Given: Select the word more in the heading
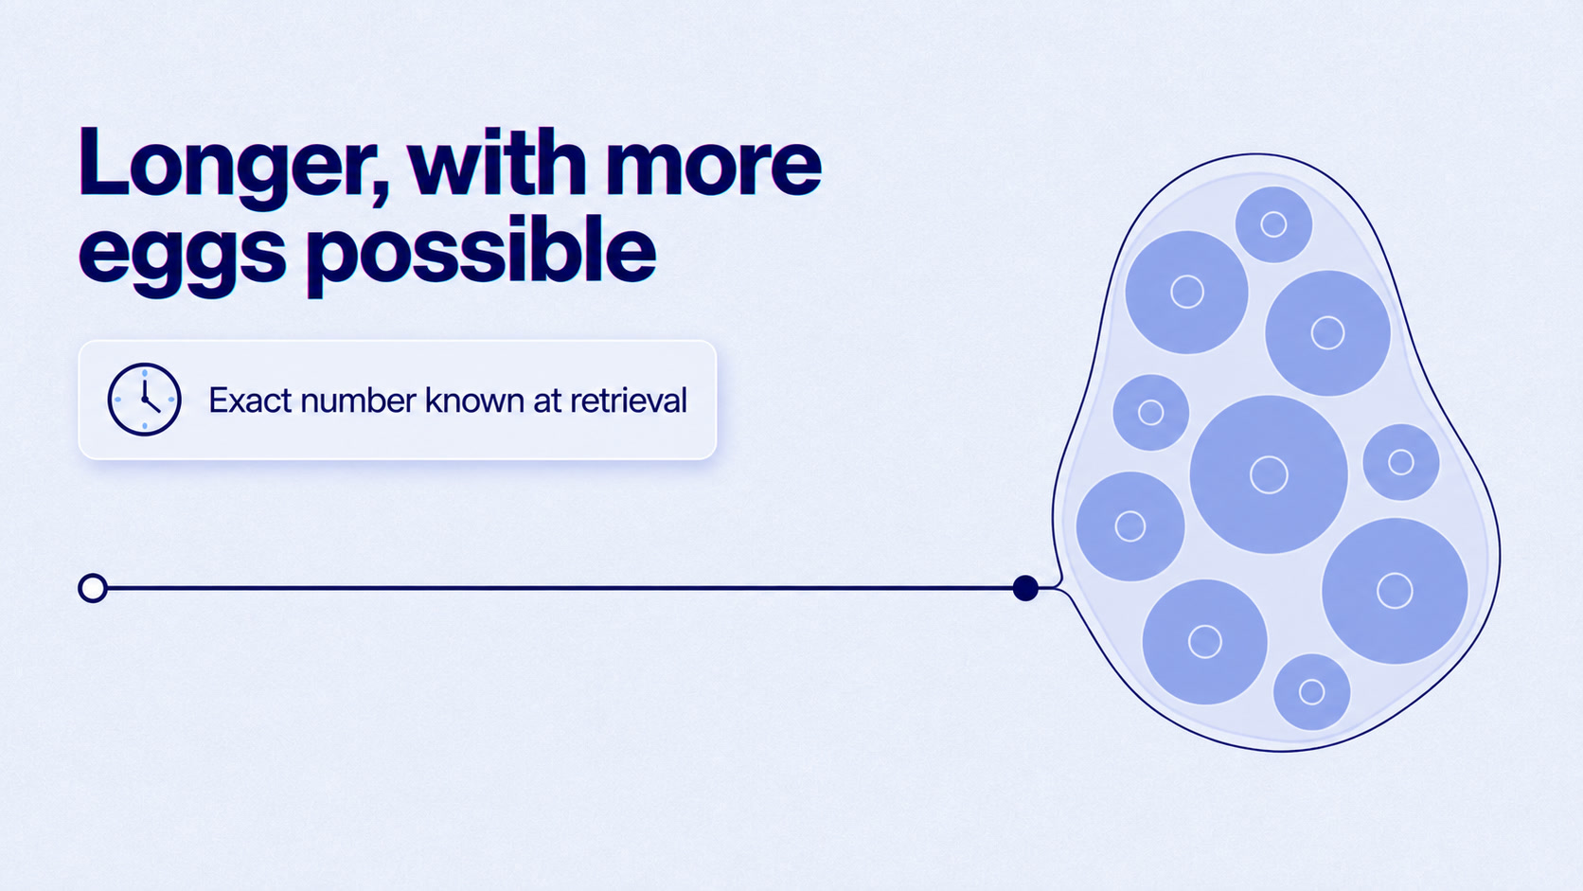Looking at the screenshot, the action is pos(714,169).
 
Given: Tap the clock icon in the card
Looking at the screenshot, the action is pos(144,400).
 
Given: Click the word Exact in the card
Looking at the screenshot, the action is pos(250,401).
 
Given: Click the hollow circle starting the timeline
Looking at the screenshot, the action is pos(93,588).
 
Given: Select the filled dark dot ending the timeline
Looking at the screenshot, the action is pos(1025,588).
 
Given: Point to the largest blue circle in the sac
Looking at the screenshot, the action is pos(1269,474).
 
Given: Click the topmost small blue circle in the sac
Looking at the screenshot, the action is pos(1273,224).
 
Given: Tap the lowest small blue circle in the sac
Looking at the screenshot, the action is pos(1311,692).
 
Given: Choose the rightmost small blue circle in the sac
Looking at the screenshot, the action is pos(1400,462).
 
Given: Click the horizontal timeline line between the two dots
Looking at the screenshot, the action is pos(560,588).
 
